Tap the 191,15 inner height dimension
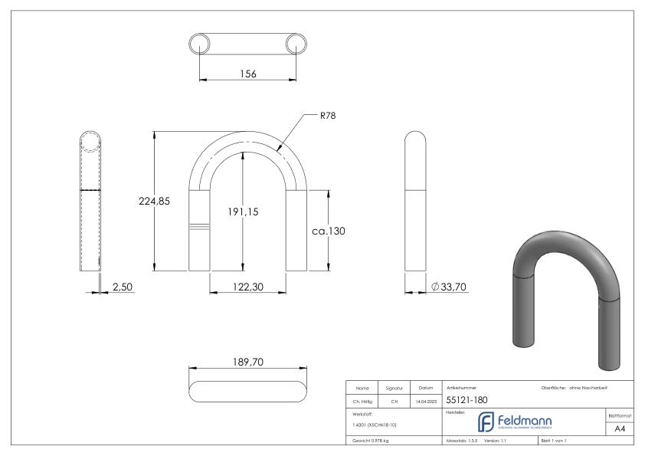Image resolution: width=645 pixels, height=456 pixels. click(x=242, y=212)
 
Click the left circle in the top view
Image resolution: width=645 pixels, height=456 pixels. click(x=200, y=43)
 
